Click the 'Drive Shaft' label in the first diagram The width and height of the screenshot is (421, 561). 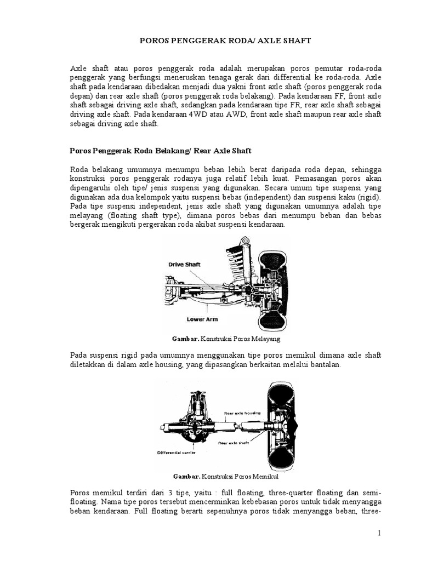click(x=184, y=265)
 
